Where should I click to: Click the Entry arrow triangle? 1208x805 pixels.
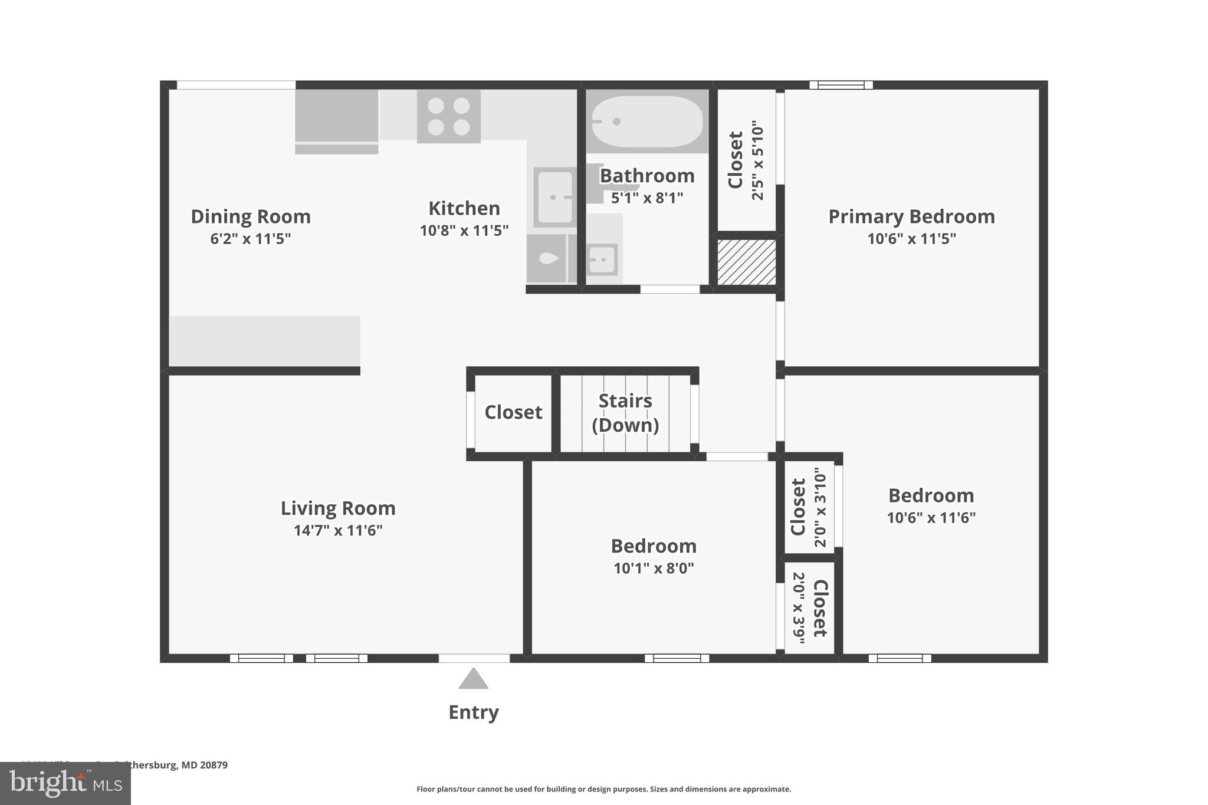pos(473,679)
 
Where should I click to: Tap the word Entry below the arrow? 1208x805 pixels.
pos(473,712)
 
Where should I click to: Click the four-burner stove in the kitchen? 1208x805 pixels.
pos(448,116)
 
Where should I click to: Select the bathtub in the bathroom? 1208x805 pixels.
pos(647,121)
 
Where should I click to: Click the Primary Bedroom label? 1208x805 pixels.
pos(911,216)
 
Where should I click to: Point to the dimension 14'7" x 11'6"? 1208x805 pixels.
pos(338,530)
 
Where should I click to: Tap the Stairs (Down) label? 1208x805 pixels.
pos(625,412)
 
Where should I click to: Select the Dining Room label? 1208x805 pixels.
pos(251,216)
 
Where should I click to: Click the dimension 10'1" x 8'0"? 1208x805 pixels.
pos(654,568)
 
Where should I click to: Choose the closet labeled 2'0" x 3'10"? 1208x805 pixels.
pos(808,507)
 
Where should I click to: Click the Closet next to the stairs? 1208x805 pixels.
pos(513,412)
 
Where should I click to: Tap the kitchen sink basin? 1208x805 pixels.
pos(554,197)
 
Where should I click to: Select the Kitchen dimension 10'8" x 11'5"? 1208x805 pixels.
pos(464,231)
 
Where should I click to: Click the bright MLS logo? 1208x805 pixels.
pos(65,783)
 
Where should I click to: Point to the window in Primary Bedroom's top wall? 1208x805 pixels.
pos(841,85)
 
